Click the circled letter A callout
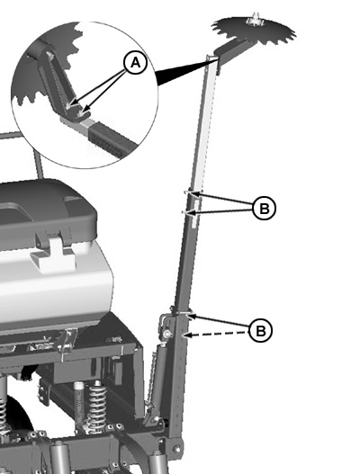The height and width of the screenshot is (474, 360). pyautogui.click(x=135, y=63)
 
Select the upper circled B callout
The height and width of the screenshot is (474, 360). pyautogui.click(x=264, y=209)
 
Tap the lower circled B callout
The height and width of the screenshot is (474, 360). pyautogui.click(x=260, y=330)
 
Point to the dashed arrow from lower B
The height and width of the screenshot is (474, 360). pyautogui.click(x=217, y=334)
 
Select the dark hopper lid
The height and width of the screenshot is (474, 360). pyautogui.click(x=45, y=210)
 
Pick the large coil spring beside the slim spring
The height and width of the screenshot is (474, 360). pyautogui.click(x=97, y=405)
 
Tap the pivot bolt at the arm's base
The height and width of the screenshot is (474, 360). pyautogui.click(x=177, y=449)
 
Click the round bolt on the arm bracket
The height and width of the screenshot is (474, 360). pyautogui.click(x=167, y=334)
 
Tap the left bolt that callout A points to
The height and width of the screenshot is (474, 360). pyautogui.click(x=69, y=105)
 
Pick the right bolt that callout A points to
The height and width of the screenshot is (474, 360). pyautogui.click(x=81, y=113)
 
